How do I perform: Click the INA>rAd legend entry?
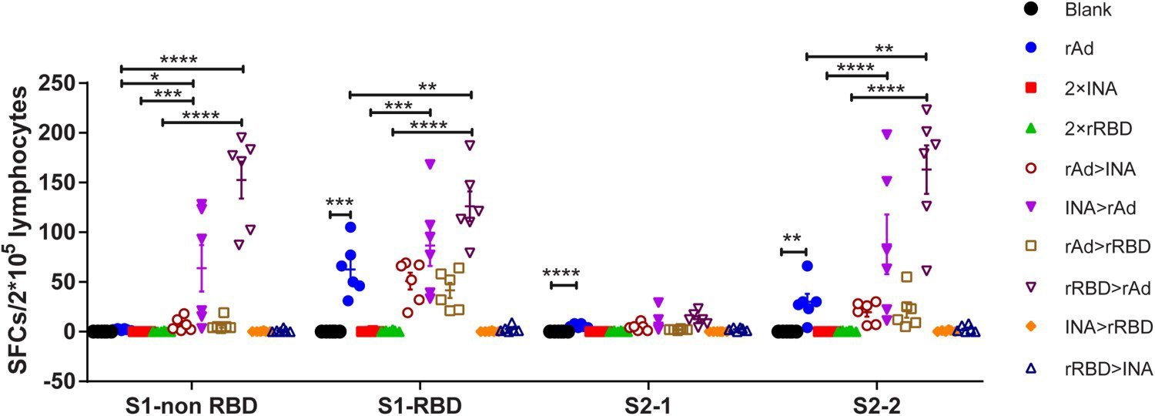coord(1100,207)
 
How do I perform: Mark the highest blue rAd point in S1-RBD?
coord(350,227)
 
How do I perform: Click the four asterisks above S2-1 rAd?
coord(561,273)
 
